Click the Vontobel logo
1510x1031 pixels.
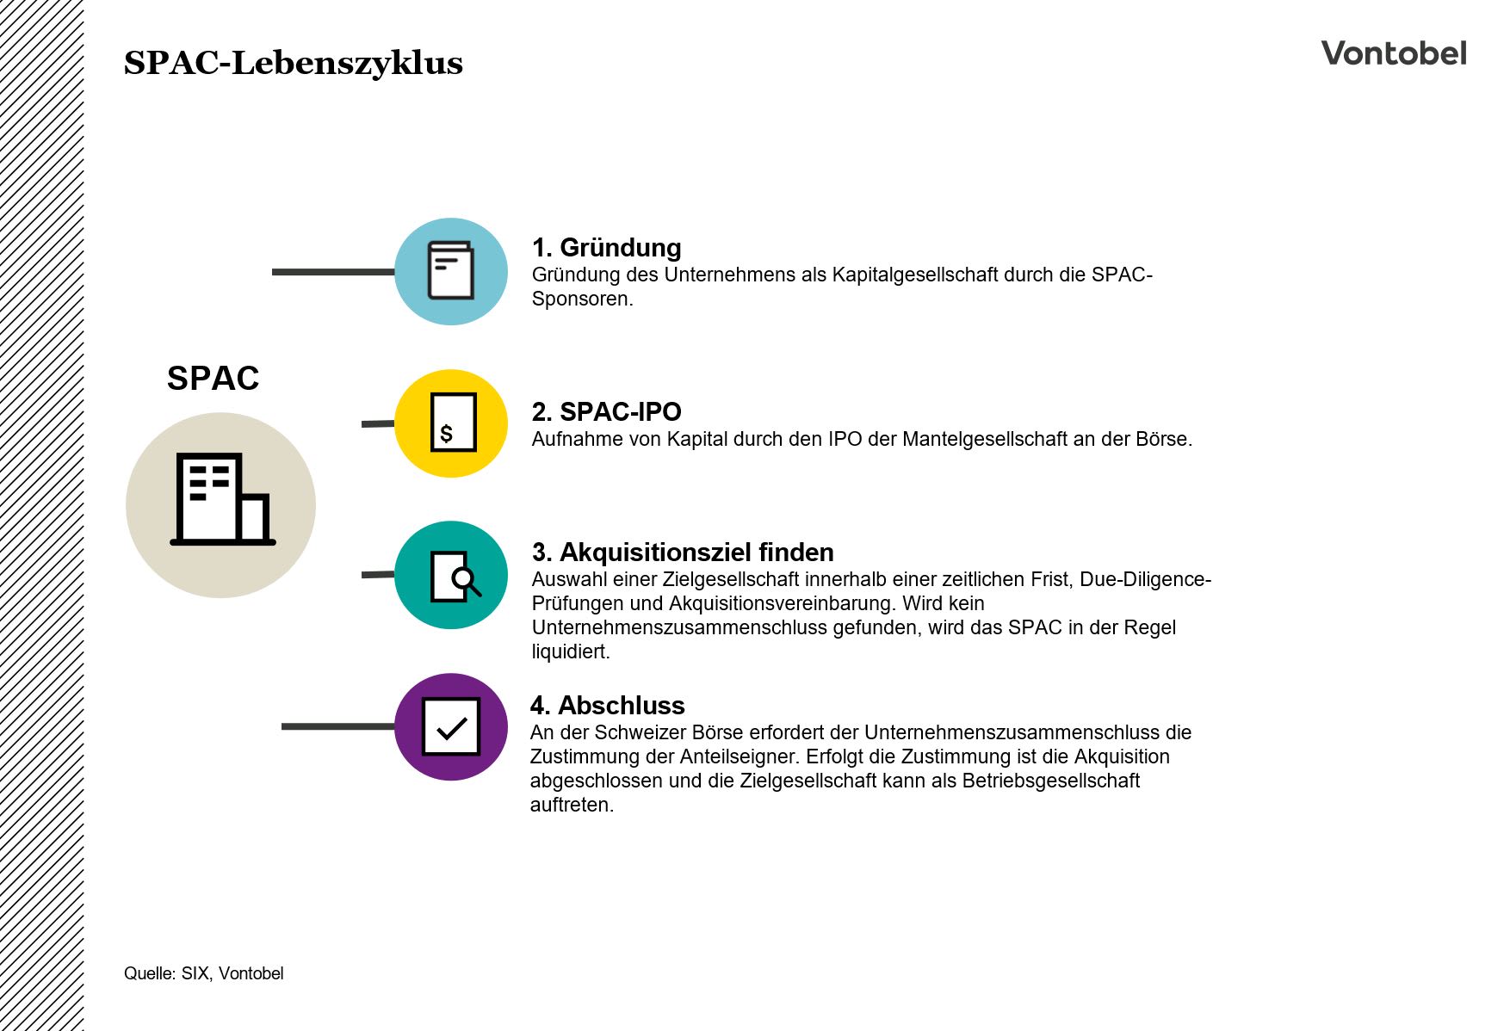click(x=1393, y=53)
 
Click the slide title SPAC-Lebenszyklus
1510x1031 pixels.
click(x=293, y=63)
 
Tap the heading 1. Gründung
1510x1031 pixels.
click(x=606, y=248)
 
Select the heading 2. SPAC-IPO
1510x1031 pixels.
click(x=606, y=411)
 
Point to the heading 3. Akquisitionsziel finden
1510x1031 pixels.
click(x=683, y=552)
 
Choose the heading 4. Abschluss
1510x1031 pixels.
click(x=607, y=705)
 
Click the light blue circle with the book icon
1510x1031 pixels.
click(x=451, y=271)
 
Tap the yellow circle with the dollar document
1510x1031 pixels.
click(x=451, y=423)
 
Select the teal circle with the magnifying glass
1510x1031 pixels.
click(x=451, y=575)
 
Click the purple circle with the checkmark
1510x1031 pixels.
click(x=451, y=726)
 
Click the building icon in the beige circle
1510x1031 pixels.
click(x=222, y=500)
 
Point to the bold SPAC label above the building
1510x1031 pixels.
click(x=213, y=378)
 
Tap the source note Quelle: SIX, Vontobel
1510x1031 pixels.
click(x=203, y=973)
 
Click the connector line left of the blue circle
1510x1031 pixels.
click(x=332, y=272)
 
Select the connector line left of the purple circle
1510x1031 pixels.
click(x=337, y=726)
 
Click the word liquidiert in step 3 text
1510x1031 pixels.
click(x=569, y=651)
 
